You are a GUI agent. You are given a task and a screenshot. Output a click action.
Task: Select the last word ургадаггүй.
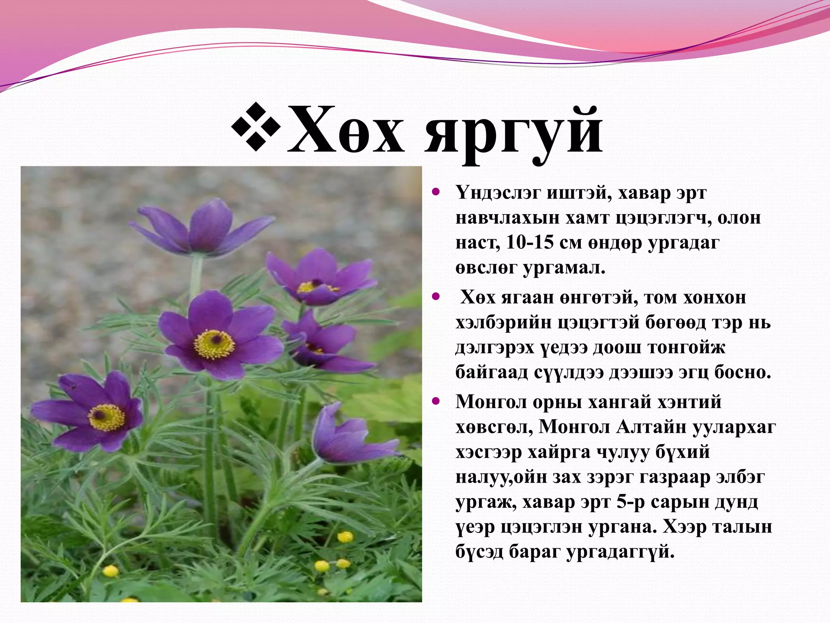[x=620, y=552]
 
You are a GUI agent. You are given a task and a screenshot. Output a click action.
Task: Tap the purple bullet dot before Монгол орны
[x=436, y=402]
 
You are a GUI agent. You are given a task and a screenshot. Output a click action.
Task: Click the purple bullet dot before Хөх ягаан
[x=436, y=297]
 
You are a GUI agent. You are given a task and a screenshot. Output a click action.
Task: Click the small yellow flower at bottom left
[x=110, y=571]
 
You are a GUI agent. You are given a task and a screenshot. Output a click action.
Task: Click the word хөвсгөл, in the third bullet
[x=494, y=427]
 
